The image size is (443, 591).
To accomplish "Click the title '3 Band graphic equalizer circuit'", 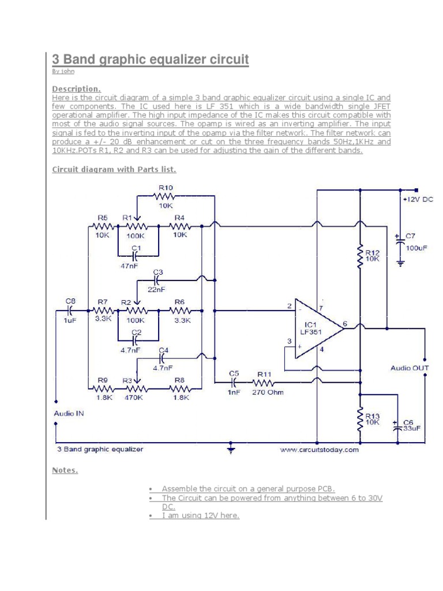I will point(151,59).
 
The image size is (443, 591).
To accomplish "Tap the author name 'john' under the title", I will point(67,72).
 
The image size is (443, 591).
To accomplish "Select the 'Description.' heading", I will point(77,89).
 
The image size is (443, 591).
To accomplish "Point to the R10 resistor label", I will point(166,188).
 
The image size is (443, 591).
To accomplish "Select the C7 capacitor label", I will point(410,236).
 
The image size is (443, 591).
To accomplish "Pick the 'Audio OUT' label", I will point(410,368).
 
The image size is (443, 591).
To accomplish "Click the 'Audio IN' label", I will point(69,413).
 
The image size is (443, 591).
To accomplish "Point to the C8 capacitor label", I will point(70,301).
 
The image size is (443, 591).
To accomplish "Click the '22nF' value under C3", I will point(157,290).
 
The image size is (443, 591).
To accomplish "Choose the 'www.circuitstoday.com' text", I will point(320,450).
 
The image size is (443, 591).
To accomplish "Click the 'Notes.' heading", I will point(65,470).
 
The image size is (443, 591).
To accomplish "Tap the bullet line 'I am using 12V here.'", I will point(200,515).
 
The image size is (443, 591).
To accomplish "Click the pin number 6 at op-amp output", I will point(344,324).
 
